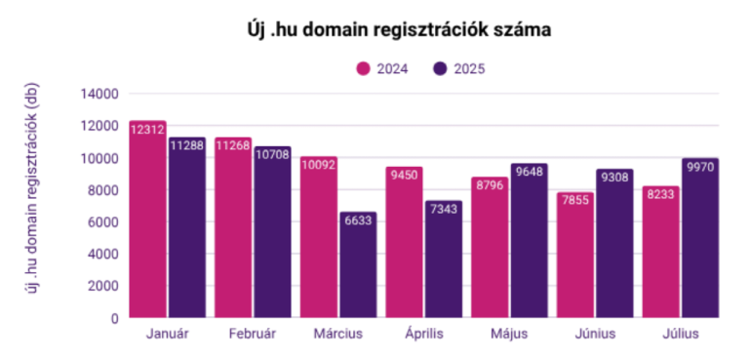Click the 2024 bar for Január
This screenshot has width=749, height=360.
click(147, 220)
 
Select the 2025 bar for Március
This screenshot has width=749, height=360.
click(357, 265)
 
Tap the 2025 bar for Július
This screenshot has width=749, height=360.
click(699, 238)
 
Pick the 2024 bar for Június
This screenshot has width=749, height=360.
click(575, 255)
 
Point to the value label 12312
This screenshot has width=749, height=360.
click(147, 129)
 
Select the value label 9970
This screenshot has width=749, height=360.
click(699, 166)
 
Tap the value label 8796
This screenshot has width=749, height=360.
click(490, 185)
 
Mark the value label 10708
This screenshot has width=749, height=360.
click(272, 154)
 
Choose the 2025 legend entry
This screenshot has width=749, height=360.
click(458, 68)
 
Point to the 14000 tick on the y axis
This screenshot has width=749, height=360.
click(99, 94)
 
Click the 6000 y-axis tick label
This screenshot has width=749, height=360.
click(102, 221)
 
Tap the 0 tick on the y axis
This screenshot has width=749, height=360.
click(114, 318)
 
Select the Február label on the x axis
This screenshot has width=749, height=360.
click(253, 334)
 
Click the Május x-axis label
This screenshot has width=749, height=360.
click(509, 334)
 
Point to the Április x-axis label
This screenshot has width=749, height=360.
click(424, 334)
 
